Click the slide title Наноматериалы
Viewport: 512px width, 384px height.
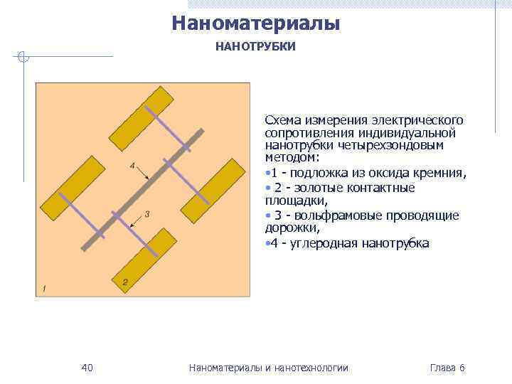[256, 23]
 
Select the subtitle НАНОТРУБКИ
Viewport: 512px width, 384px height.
[255, 47]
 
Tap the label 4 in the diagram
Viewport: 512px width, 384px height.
[132, 166]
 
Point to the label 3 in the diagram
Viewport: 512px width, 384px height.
[146, 214]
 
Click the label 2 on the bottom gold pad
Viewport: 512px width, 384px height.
[125, 282]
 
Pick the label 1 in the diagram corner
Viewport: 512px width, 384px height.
[44, 288]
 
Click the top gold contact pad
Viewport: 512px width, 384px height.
[141, 115]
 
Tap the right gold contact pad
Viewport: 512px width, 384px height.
[213, 189]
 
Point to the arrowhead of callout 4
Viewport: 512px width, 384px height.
[147, 178]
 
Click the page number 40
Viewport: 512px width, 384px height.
[87, 368]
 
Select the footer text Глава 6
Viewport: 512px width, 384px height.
[447, 368]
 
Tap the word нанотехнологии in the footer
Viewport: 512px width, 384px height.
[312, 368]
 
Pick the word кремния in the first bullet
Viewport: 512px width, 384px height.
[442, 174]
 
